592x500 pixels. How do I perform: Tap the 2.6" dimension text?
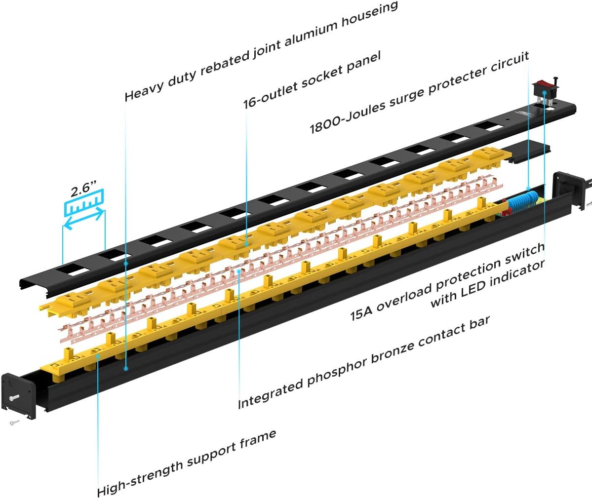point(83,192)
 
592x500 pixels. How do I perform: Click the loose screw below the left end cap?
point(14,422)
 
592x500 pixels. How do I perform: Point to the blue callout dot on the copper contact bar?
point(239,270)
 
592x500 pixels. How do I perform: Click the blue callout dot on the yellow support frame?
point(98,355)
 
